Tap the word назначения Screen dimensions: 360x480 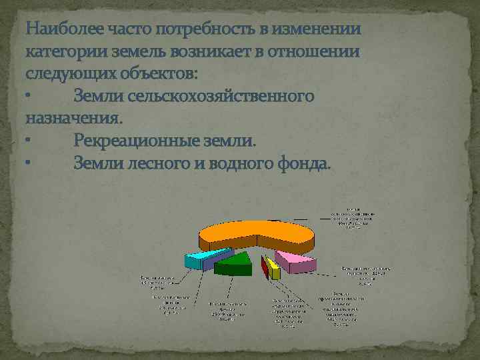[x=73, y=118]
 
